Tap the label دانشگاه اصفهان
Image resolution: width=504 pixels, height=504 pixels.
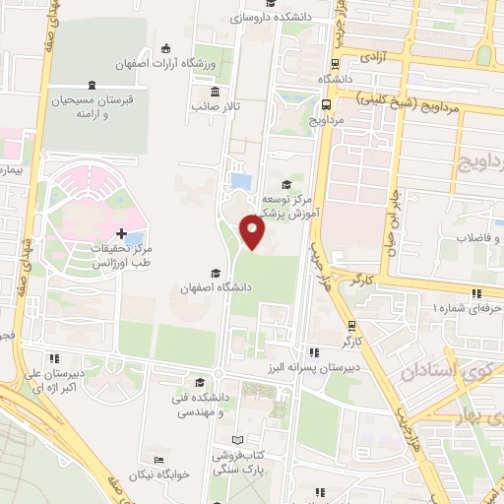pyautogui.click(x=214, y=288)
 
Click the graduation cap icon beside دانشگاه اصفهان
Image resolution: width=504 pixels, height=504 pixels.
pyautogui.click(x=215, y=273)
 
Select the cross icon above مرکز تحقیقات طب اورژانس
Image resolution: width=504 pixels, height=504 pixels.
pyautogui.click(x=121, y=234)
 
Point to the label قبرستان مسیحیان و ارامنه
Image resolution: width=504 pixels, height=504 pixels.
pyautogui.click(x=91, y=105)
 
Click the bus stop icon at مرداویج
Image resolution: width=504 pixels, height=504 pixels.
pyautogui.click(x=326, y=105)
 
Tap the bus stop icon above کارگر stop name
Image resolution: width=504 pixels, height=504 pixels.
pyautogui.click(x=352, y=326)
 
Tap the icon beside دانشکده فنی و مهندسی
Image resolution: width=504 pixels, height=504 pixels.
pyautogui.click(x=201, y=383)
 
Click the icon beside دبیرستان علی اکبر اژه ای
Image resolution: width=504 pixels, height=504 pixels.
pyautogui.click(x=56, y=358)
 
